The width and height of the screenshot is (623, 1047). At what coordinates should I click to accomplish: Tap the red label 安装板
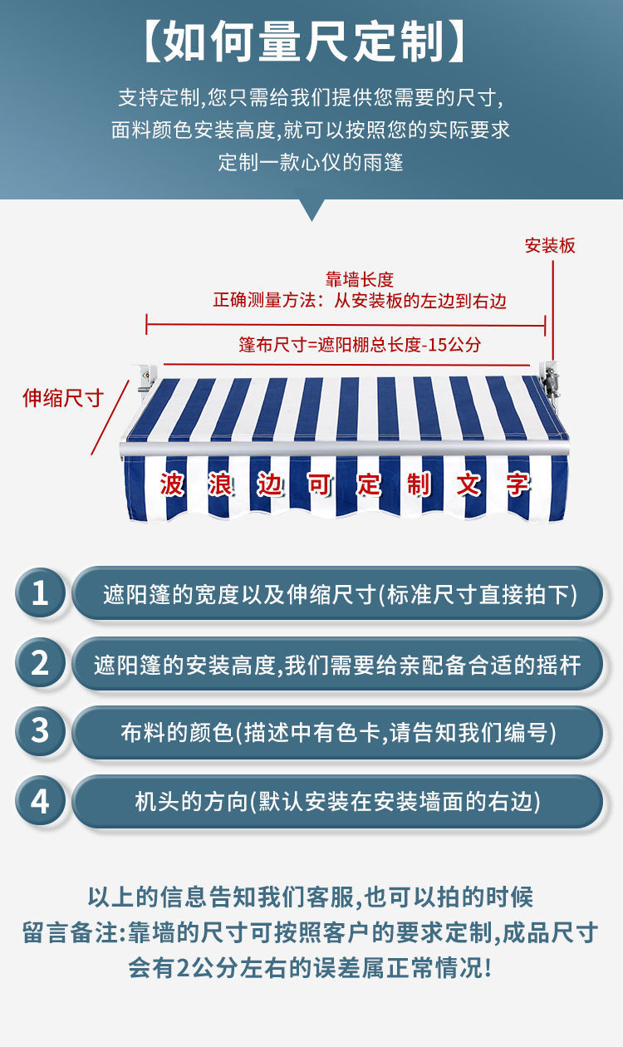coord(550,245)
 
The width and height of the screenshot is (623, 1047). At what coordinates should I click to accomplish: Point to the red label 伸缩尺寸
coord(62,398)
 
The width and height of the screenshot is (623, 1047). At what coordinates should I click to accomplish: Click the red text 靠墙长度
coord(359,280)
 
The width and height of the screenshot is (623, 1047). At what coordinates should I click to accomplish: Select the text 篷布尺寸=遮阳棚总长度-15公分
coord(360,344)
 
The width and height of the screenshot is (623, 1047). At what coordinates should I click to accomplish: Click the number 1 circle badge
coord(40,593)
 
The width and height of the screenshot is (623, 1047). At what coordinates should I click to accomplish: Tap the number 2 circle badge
coord(40,663)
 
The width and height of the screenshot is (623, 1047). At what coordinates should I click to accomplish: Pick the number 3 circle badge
coord(40,732)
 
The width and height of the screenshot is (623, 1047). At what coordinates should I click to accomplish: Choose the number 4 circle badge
coord(40,801)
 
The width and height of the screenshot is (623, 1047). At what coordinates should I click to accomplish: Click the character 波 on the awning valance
coord(172,484)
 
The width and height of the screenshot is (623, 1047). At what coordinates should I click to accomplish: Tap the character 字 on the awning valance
coord(518,484)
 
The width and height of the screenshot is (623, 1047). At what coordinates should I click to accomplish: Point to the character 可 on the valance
coord(320,484)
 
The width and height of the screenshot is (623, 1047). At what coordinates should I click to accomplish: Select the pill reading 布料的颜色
coord(337,732)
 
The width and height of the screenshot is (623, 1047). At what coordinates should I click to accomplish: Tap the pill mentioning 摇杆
coord(337,663)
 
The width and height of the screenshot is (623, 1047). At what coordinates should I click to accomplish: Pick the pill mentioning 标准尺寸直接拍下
coord(337,593)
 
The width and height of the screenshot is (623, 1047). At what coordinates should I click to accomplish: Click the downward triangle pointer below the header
coord(311,209)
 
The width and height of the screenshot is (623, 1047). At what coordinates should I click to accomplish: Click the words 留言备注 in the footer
coord(71,932)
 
